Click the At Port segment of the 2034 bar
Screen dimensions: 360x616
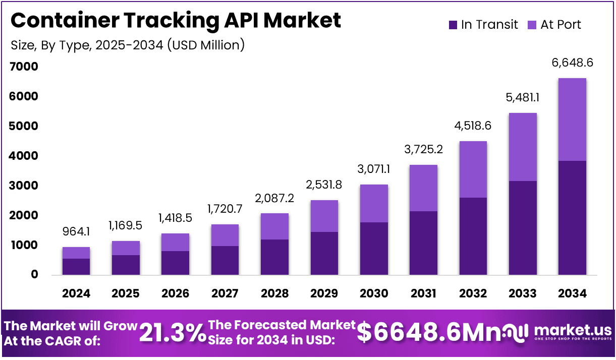click(x=572, y=119)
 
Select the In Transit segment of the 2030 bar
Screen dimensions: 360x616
click(x=374, y=248)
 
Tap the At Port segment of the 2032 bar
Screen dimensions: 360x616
click(x=473, y=169)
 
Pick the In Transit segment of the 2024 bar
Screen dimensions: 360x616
click(x=76, y=266)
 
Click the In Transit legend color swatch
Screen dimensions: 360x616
click(x=453, y=25)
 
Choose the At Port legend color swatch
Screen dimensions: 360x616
click(x=532, y=25)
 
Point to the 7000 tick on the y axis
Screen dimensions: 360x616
click(x=24, y=67)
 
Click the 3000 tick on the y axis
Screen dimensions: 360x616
click(x=24, y=186)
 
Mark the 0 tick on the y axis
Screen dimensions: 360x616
click(x=34, y=275)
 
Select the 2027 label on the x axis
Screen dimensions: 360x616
click(x=225, y=293)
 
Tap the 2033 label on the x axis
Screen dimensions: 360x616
click(x=523, y=293)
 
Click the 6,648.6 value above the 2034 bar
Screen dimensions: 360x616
click(x=572, y=63)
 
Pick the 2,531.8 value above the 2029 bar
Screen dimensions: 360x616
click(x=324, y=185)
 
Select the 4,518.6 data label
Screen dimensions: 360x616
click(x=473, y=126)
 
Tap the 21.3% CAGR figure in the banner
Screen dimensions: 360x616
click(x=173, y=333)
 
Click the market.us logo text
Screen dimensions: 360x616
click(x=573, y=331)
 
